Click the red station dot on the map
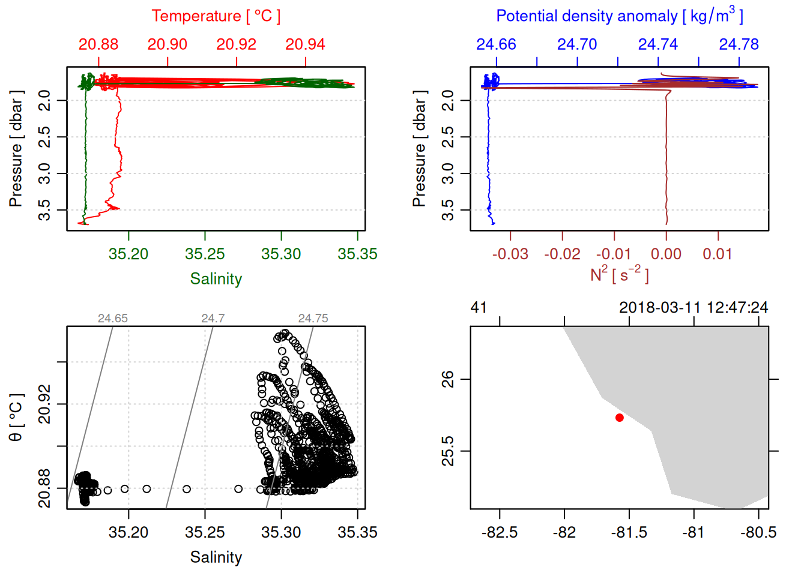[x=620, y=418]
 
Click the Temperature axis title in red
[x=216, y=16]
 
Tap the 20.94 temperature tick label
[x=305, y=44]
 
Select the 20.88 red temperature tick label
[x=98, y=44]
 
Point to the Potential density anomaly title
[x=619, y=16]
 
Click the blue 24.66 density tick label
[x=496, y=44]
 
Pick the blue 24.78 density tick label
[x=739, y=44]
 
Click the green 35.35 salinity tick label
[x=357, y=254]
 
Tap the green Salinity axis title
[x=216, y=279]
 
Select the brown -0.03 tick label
[x=510, y=254]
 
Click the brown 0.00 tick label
[x=666, y=254]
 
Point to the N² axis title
[x=619, y=275]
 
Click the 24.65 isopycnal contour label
[x=113, y=319]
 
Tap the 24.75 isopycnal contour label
[x=313, y=319]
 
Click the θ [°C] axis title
[x=16, y=418]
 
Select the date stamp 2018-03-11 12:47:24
[x=694, y=308]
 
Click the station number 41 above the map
[x=479, y=308]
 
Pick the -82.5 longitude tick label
[x=500, y=532]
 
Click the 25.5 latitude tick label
[x=448, y=451]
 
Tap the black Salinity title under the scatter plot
[x=216, y=557]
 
